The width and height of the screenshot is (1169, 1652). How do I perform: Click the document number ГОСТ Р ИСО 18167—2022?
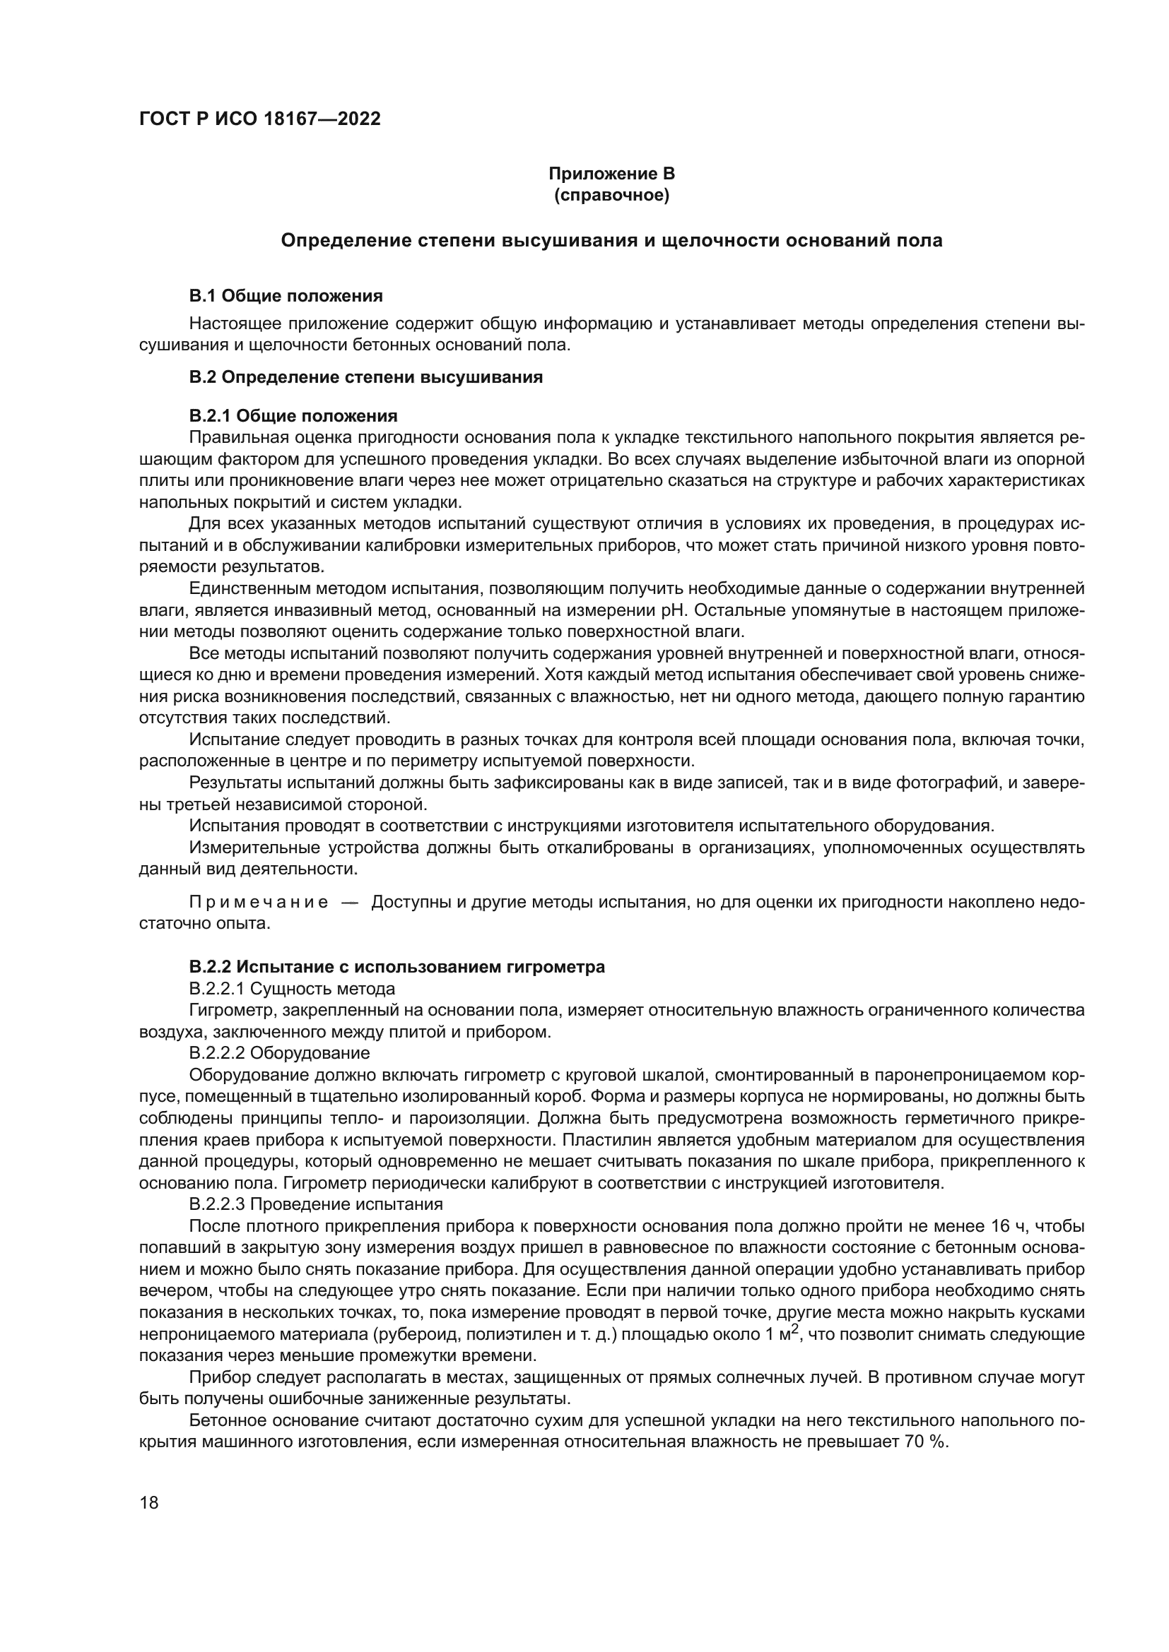(x=259, y=119)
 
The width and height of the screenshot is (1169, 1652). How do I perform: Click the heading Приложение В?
(x=611, y=174)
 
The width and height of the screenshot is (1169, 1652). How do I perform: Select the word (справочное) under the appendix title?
(x=611, y=195)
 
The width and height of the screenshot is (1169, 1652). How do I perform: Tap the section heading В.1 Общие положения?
(x=286, y=296)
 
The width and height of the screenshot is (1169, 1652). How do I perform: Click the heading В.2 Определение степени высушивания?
(x=365, y=377)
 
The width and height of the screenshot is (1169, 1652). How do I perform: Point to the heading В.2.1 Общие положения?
(x=293, y=416)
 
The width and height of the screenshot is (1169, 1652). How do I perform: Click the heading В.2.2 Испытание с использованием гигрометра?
(x=396, y=967)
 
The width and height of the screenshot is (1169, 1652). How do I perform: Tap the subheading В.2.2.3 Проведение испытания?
(x=315, y=1204)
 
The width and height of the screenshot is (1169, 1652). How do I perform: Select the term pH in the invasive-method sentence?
(x=671, y=610)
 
